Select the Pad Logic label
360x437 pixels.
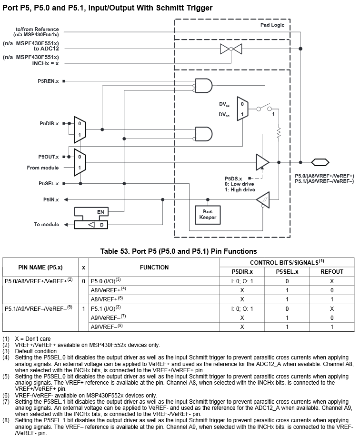coord(272,25)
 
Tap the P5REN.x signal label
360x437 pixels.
coord(49,81)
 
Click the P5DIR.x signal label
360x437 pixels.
coord(49,123)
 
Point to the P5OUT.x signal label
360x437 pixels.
coord(49,157)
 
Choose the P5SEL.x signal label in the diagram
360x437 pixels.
coord(49,183)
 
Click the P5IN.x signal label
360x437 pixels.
coord(50,199)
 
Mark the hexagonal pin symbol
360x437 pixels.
coord(320,162)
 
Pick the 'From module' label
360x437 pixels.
coord(43,168)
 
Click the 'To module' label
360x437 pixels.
coord(47,224)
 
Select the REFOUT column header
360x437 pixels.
coord(332,271)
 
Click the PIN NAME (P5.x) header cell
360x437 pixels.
coord(40,267)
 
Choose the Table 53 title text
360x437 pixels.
coord(179,251)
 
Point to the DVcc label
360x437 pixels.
coord(224,114)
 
